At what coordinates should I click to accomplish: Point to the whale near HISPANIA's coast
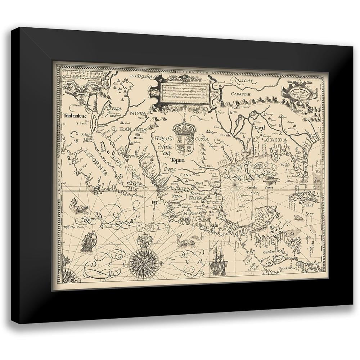[188, 240]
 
